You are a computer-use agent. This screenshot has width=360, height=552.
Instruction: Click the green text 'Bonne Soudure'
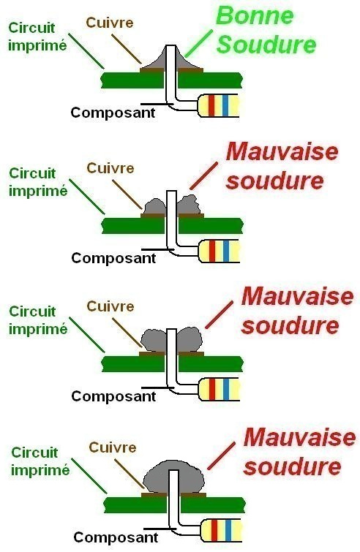click(x=266, y=30)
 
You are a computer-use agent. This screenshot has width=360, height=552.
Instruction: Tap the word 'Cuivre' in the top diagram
click(x=110, y=23)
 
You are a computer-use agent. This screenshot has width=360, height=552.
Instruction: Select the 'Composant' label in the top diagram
click(x=113, y=113)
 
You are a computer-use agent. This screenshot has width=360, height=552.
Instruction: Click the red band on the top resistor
click(x=211, y=105)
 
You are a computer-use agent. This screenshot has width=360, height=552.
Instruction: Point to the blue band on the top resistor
click(x=225, y=105)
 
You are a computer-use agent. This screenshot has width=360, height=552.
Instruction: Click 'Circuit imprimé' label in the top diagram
click(x=37, y=37)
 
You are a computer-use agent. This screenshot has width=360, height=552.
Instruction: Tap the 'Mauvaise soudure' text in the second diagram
click(x=282, y=166)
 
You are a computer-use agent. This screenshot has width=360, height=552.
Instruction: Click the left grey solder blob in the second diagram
click(x=155, y=206)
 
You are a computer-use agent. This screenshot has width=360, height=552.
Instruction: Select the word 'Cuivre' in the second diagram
click(x=110, y=168)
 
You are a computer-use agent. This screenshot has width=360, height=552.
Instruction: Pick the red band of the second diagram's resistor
click(x=212, y=251)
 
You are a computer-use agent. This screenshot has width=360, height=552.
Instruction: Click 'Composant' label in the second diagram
click(x=113, y=258)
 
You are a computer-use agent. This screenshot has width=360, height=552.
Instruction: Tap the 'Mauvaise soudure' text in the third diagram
click(x=297, y=311)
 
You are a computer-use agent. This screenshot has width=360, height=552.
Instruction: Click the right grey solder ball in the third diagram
click(x=190, y=339)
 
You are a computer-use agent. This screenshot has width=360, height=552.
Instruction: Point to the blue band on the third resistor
click(x=226, y=389)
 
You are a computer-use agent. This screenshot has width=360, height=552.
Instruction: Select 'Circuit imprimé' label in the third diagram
click(x=38, y=320)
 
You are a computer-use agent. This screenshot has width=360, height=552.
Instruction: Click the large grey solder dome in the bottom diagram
click(x=174, y=475)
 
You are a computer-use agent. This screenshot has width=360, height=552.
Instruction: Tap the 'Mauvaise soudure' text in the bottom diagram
click(x=299, y=452)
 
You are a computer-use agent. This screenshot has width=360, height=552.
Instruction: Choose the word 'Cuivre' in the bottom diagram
click(x=113, y=447)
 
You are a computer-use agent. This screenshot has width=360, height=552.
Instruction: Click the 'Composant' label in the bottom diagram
click(x=116, y=537)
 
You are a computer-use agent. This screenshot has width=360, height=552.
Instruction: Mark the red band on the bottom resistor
click(x=214, y=530)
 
